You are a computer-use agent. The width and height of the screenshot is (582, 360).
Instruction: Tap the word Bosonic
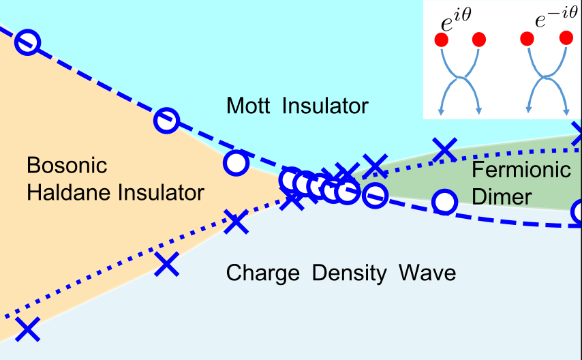(x=67, y=166)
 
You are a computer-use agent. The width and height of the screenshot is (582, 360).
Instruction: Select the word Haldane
(x=65, y=193)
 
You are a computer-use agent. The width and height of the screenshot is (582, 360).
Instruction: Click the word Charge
(x=263, y=273)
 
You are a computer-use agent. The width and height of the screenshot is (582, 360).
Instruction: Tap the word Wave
(x=427, y=273)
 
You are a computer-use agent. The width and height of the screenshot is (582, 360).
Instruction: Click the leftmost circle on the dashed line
(x=28, y=42)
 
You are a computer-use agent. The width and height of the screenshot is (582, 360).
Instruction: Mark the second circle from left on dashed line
(x=166, y=121)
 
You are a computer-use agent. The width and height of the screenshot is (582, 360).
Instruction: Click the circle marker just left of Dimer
(x=444, y=202)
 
